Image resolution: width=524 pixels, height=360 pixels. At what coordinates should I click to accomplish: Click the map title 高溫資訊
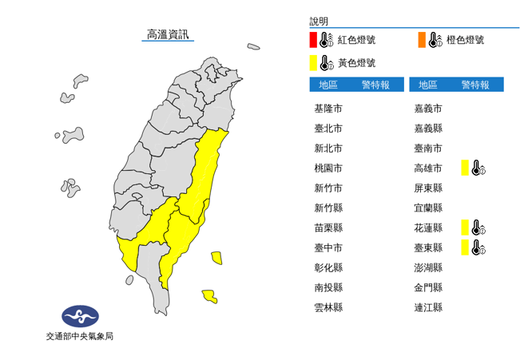click(x=168, y=34)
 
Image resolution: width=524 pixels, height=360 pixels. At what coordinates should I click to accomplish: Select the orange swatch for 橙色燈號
click(x=421, y=40)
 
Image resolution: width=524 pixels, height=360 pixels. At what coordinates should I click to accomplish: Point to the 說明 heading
click(x=319, y=22)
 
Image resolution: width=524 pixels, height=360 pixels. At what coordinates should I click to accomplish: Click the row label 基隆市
click(x=328, y=109)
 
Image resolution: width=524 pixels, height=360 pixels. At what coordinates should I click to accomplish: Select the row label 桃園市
click(x=328, y=168)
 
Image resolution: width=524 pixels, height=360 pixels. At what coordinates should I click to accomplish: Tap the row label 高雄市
click(x=428, y=168)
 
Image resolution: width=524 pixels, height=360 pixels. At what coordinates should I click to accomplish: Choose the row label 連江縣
click(x=428, y=307)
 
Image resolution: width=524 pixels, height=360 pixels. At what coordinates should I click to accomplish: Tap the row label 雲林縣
click(x=328, y=307)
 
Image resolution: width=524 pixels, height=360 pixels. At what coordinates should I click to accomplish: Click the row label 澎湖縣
click(x=428, y=267)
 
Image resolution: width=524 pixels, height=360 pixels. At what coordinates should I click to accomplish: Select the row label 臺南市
click(x=428, y=148)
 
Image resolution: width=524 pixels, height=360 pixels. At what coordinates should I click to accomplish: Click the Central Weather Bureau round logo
click(x=78, y=317)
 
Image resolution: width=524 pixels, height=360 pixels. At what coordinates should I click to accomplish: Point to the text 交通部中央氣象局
click(x=79, y=337)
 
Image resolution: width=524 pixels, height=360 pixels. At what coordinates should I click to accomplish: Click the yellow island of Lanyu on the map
click(x=209, y=297)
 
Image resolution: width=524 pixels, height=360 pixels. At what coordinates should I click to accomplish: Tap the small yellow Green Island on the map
click(x=216, y=257)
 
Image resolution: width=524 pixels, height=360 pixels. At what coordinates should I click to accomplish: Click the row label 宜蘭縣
click(x=428, y=208)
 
